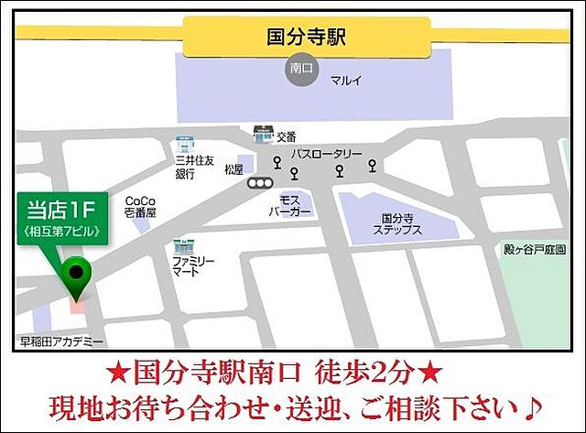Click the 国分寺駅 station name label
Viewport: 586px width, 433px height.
tap(306, 38)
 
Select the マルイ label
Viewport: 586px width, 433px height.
tap(346, 81)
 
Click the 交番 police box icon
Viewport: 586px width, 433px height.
tap(264, 135)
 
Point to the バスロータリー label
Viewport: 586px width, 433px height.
tap(327, 154)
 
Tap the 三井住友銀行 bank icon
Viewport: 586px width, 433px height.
tap(185, 145)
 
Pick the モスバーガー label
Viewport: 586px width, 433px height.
tap(293, 205)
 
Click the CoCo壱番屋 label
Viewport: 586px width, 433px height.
tap(140, 206)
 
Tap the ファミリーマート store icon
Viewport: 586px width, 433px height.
tap(182, 246)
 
